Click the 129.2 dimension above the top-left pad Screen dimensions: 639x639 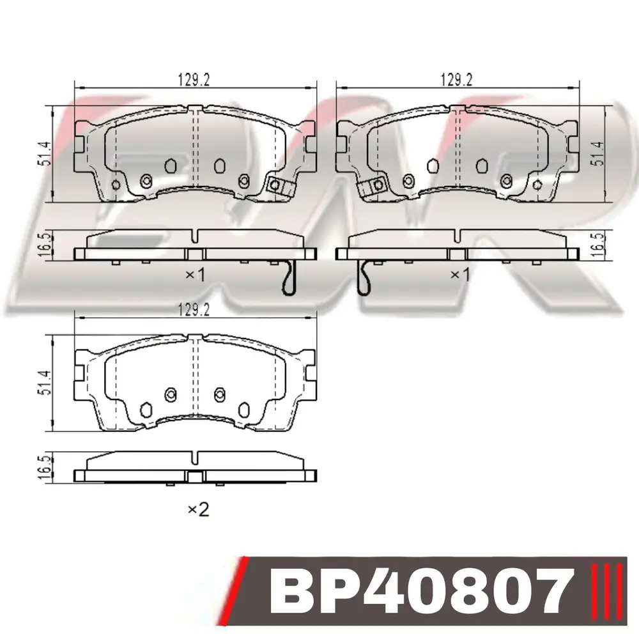(194, 80)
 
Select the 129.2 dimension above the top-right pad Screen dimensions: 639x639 (456, 80)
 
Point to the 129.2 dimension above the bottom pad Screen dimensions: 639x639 (194, 310)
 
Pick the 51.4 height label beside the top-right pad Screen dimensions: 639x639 (598, 153)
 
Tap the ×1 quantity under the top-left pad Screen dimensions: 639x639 (195, 275)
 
